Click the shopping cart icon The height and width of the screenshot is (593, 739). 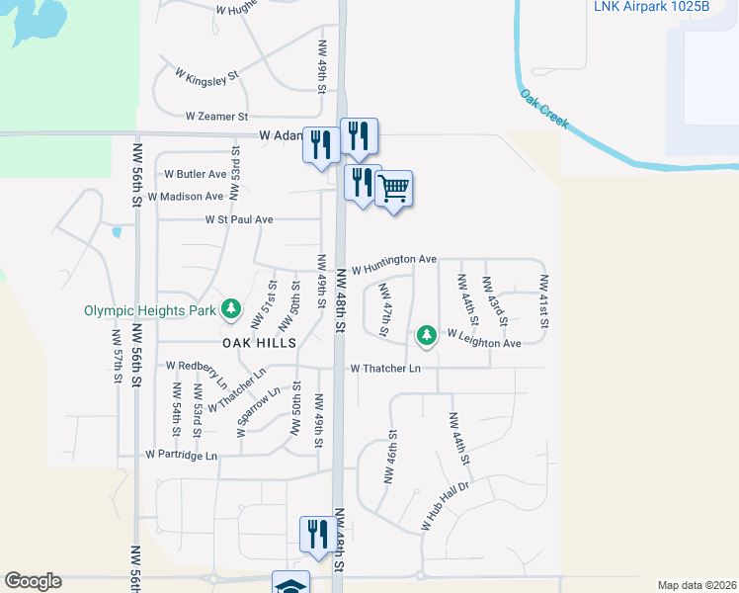click(394, 187)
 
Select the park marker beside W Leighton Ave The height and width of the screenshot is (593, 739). click(426, 336)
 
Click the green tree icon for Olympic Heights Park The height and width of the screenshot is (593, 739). click(230, 309)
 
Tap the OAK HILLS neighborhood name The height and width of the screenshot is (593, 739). click(259, 342)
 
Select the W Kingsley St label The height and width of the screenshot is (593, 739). click(206, 74)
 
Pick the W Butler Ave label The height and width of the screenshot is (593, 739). click(196, 174)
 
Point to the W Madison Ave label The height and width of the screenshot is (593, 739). click(186, 197)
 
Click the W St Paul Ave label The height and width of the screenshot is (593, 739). click(239, 219)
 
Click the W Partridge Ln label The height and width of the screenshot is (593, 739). click(181, 455)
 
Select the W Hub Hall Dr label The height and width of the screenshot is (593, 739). click(448, 506)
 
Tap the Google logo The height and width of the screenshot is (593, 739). click(33, 581)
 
